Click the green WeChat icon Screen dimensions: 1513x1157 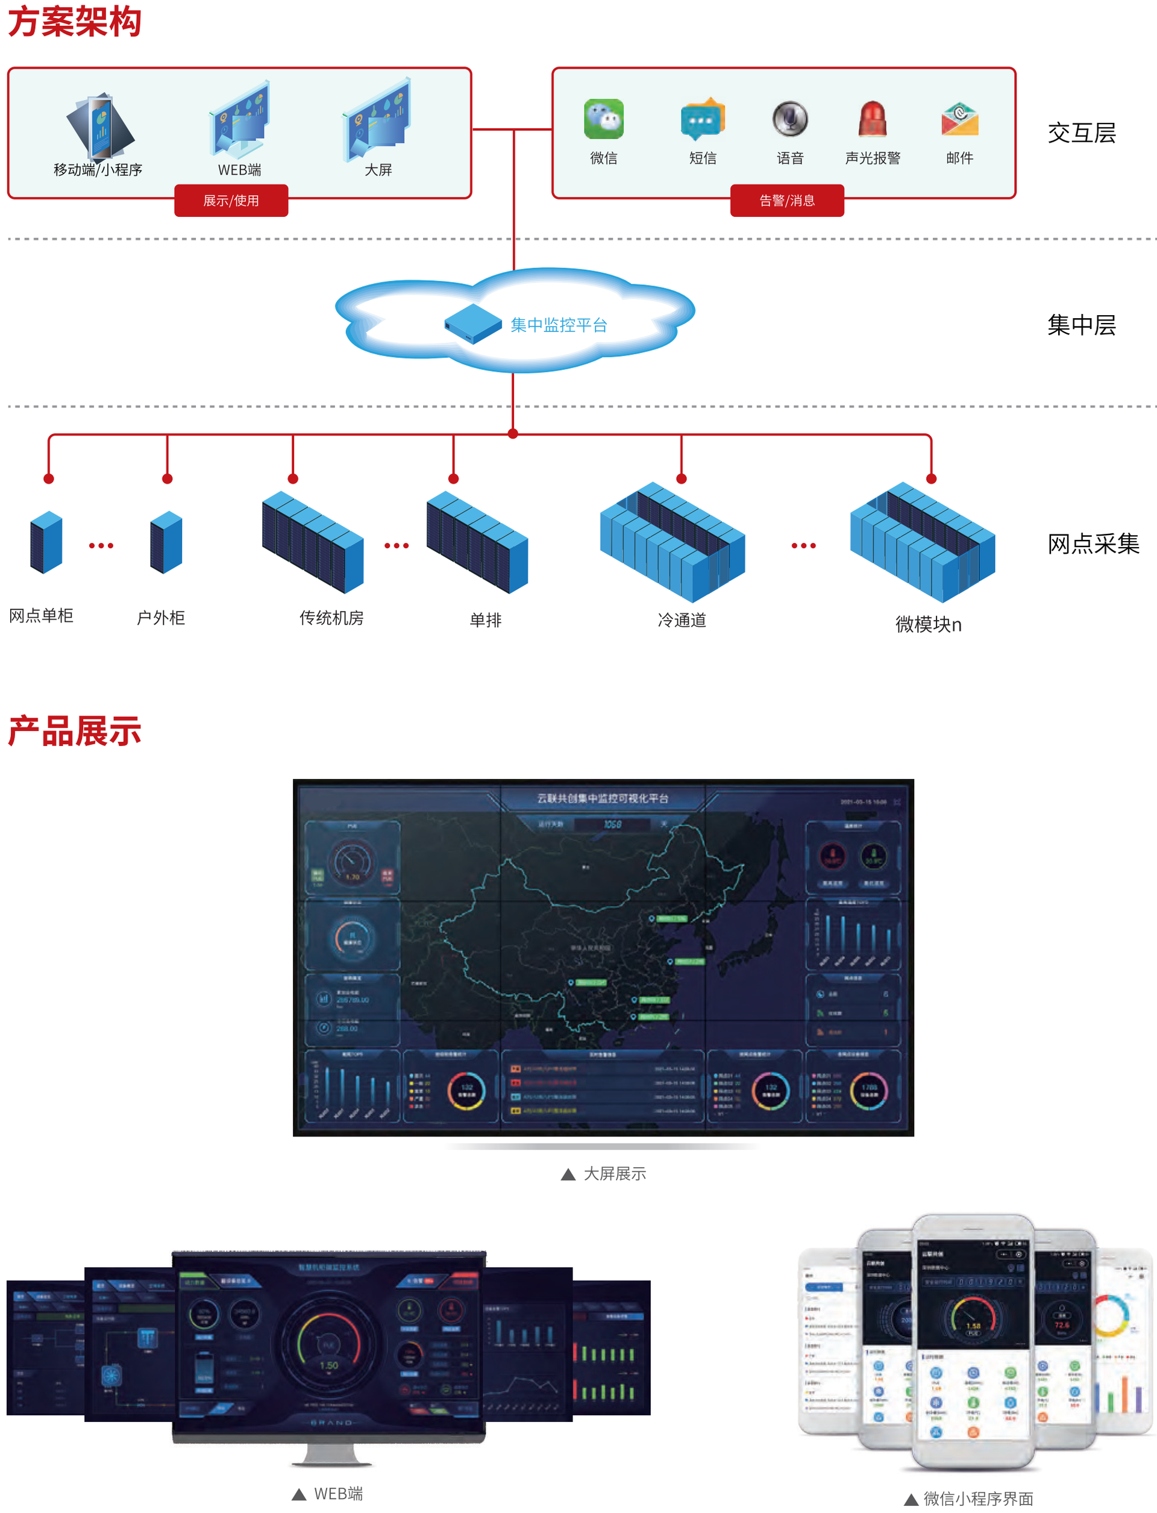[603, 119]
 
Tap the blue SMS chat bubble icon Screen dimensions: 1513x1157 [703, 119]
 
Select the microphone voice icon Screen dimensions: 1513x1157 [789, 119]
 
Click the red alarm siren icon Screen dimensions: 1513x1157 [872, 119]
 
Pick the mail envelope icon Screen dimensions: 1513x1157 [959, 120]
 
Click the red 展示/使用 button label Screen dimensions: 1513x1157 [231, 201]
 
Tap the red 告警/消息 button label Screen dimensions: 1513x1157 [787, 201]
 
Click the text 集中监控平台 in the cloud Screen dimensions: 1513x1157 [559, 325]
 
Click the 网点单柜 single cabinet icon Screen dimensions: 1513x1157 [46, 543]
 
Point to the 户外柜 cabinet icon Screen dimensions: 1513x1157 [166, 543]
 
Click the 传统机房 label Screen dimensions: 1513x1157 [331, 618]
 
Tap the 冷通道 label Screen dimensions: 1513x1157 [682, 620]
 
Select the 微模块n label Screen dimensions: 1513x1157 [927, 624]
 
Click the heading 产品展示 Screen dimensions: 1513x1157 [74, 731]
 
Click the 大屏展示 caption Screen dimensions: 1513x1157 [614, 1174]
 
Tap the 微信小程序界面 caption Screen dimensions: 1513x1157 [978, 1499]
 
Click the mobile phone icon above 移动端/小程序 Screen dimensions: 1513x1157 [100, 127]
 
